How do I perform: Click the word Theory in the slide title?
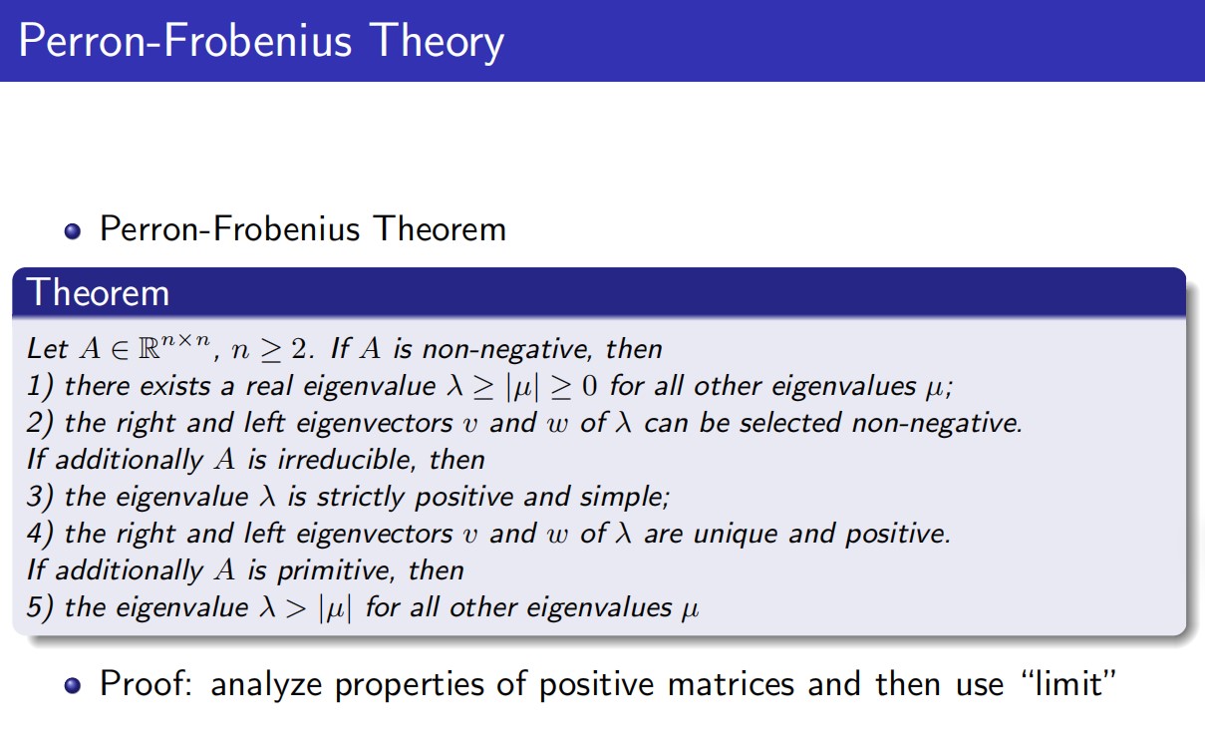click(x=437, y=42)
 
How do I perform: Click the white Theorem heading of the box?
click(x=98, y=293)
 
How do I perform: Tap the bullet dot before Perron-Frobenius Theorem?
click(x=72, y=231)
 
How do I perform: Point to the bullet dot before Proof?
click(x=72, y=685)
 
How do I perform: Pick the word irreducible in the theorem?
click(x=347, y=460)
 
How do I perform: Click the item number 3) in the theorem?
click(x=40, y=497)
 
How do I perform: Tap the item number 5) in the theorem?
click(x=40, y=607)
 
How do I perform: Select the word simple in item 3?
click(x=625, y=497)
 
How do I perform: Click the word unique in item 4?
click(x=736, y=534)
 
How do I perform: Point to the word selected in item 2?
click(x=790, y=423)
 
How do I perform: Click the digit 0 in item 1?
click(x=589, y=386)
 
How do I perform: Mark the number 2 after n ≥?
click(x=299, y=349)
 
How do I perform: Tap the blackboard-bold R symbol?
click(x=150, y=349)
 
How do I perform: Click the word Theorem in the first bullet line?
click(x=441, y=229)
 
